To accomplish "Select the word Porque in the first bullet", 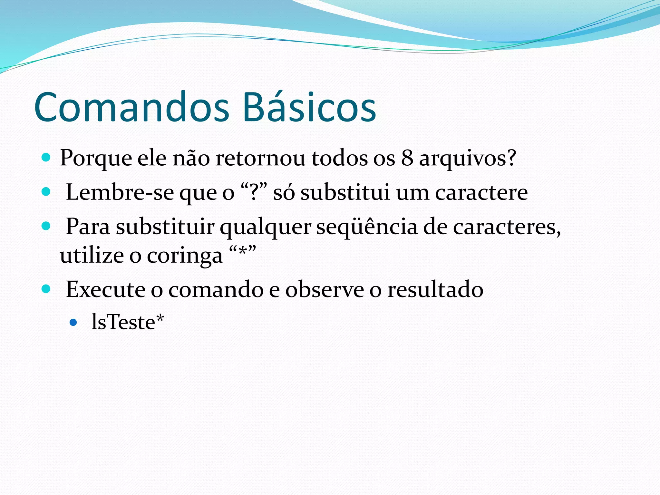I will tap(96, 159).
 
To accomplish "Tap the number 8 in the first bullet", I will tap(407, 158).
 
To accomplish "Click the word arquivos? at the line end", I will tap(467, 159).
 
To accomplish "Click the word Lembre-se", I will tap(120, 192).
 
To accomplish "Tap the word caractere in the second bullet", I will tap(481, 193).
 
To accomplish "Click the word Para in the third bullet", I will tap(88, 227).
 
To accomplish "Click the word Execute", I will tap(105, 289).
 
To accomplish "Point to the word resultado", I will tap(435, 289).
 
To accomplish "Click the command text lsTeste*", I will tap(128, 322).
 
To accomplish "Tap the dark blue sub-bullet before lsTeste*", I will tap(73, 322).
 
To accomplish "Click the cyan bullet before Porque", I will tap(46, 158).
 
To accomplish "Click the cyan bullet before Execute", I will tap(46, 288).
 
